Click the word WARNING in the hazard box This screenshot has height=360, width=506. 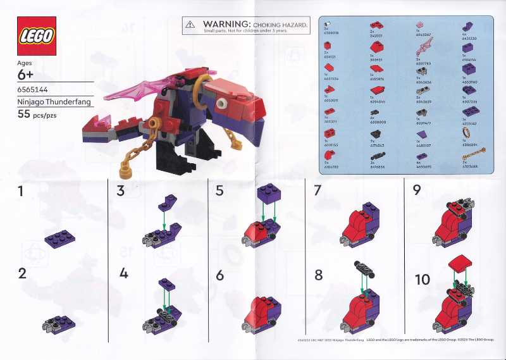tap(222, 23)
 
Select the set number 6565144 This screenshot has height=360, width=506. tap(34, 90)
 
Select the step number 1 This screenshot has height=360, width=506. tap(23, 191)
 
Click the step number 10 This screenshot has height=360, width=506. tap(422, 279)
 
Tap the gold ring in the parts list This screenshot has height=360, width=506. tap(467, 132)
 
